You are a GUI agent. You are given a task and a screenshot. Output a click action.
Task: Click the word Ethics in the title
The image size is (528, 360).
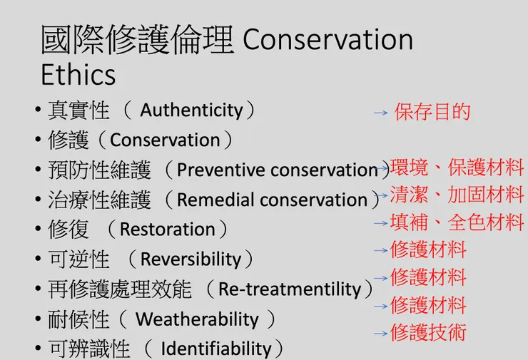[x=78, y=73]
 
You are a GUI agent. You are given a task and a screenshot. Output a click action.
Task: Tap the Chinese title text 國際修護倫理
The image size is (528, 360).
[x=138, y=40]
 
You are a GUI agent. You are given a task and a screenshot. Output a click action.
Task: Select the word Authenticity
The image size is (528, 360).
[x=191, y=110]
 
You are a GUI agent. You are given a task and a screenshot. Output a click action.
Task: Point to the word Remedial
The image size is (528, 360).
[x=215, y=200]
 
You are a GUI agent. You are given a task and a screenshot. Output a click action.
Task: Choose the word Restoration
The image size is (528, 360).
[x=167, y=230]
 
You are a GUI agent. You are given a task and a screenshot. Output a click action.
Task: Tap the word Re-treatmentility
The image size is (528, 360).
[x=289, y=289]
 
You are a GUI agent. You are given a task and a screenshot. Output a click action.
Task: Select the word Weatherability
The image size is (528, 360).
[x=197, y=319]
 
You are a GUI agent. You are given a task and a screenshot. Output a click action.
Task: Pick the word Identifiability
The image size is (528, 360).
[x=216, y=349]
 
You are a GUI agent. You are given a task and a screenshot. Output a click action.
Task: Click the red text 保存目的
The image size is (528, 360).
[x=432, y=112]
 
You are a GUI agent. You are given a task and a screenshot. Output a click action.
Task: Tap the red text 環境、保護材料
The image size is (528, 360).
[x=457, y=168]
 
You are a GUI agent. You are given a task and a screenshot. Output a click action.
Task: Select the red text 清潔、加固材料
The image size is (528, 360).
[x=457, y=194]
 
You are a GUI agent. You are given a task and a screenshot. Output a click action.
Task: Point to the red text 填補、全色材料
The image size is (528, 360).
[x=457, y=222]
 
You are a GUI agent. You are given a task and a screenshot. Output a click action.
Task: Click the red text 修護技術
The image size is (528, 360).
[x=428, y=332]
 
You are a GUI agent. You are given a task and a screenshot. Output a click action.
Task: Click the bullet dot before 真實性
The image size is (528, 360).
[x=37, y=111]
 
